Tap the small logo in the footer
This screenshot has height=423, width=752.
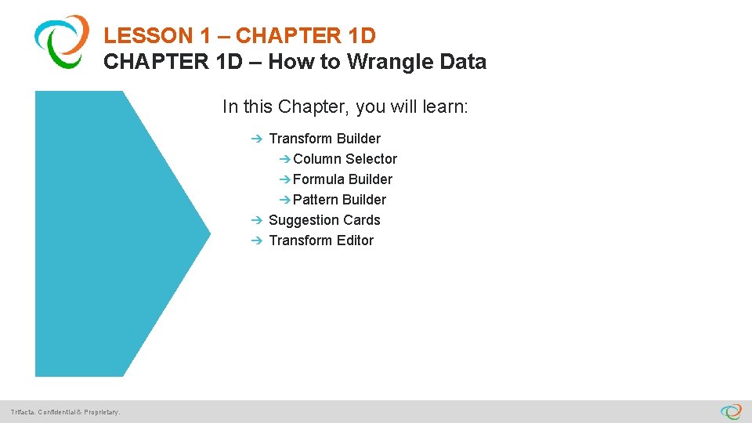click(731, 411)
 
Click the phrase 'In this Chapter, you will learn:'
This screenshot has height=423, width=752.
click(345, 107)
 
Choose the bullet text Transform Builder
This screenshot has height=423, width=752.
click(324, 139)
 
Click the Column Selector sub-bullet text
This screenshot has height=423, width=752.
click(345, 159)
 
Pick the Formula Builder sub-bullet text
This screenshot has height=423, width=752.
click(342, 179)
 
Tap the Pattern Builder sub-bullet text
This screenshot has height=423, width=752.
click(339, 200)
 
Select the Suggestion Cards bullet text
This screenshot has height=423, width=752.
click(324, 220)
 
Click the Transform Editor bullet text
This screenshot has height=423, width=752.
click(321, 240)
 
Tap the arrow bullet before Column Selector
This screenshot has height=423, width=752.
click(285, 159)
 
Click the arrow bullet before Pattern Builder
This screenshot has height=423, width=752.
click(285, 200)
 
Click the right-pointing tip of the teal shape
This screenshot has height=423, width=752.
click(208, 231)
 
